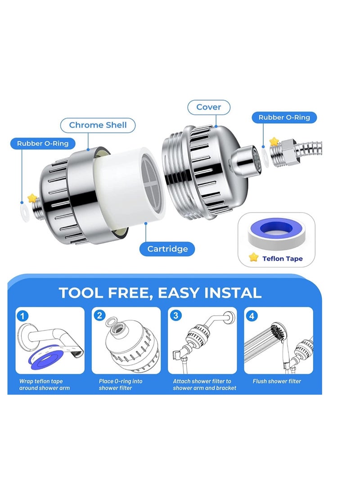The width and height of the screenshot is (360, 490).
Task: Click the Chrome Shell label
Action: click(x=98, y=125)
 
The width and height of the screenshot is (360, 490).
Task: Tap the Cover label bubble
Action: click(x=209, y=107)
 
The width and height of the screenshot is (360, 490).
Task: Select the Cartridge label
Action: click(x=167, y=249)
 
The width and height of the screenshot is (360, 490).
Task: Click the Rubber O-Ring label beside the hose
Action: click(x=284, y=117)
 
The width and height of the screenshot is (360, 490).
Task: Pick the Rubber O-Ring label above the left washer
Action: click(x=43, y=143)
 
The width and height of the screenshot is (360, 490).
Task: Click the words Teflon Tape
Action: click(x=283, y=259)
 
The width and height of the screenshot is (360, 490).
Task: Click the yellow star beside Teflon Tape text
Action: click(x=254, y=257)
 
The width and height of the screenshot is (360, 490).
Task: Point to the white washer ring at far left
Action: click(x=25, y=213)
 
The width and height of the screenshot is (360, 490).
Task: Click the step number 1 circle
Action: click(x=22, y=316)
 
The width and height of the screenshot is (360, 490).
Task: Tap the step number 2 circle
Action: click(x=99, y=315)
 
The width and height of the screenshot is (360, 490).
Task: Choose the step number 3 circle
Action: click(x=176, y=315)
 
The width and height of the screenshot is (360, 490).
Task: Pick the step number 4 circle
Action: click(x=252, y=316)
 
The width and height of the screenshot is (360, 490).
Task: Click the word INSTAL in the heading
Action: click(x=233, y=293)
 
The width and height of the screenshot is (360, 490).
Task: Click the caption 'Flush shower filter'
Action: click(x=277, y=381)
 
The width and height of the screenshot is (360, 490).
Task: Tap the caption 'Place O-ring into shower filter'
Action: click(x=121, y=385)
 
